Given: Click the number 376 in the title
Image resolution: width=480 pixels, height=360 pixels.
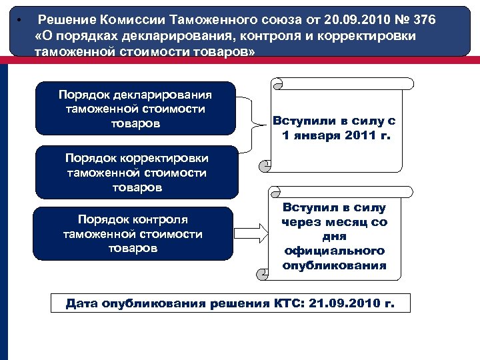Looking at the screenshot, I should [x=421, y=20].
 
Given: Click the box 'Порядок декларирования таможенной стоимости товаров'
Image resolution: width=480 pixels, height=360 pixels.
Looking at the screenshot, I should [x=135, y=109].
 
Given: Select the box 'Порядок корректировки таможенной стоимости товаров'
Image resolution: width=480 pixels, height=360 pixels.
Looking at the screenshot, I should [x=137, y=173].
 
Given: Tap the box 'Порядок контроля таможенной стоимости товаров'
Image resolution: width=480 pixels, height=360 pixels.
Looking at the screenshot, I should [x=133, y=234].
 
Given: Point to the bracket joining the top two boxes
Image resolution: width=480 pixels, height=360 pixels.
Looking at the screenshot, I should [x=252, y=124].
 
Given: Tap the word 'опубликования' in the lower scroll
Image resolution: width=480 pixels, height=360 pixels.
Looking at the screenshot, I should [x=335, y=265].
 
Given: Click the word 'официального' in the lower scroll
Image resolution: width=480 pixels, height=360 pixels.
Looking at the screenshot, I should [x=335, y=251].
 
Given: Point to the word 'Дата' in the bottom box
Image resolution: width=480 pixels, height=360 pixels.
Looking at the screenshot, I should [x=82, y=303].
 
